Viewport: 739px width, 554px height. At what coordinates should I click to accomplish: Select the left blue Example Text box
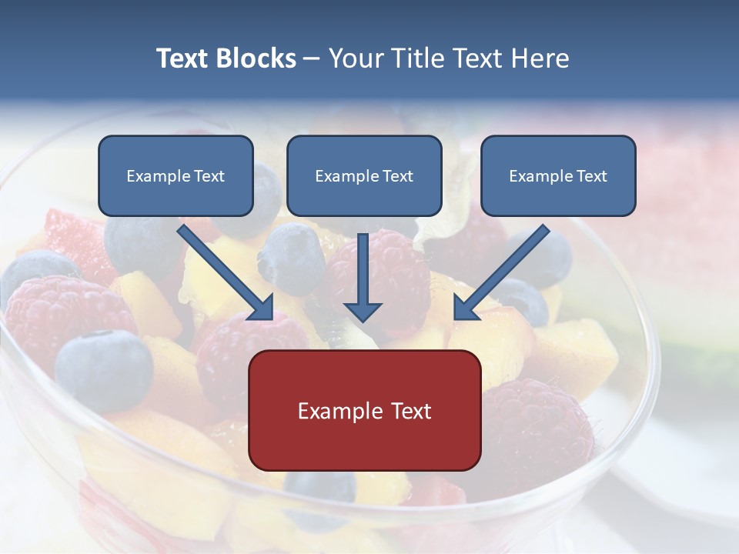pyautogui.click(x=176, y=176)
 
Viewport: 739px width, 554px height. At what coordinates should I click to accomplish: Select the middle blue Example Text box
pyautogui.click(x=364, y=176)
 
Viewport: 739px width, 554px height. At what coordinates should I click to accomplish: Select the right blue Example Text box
pyautogui.click(x=558, y=176)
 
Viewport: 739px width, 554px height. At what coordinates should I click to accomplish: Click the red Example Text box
pyautogui.click(x=364, y=410)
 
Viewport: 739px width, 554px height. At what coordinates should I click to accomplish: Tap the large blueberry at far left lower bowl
pyautogui.click(x=103, y=369)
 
